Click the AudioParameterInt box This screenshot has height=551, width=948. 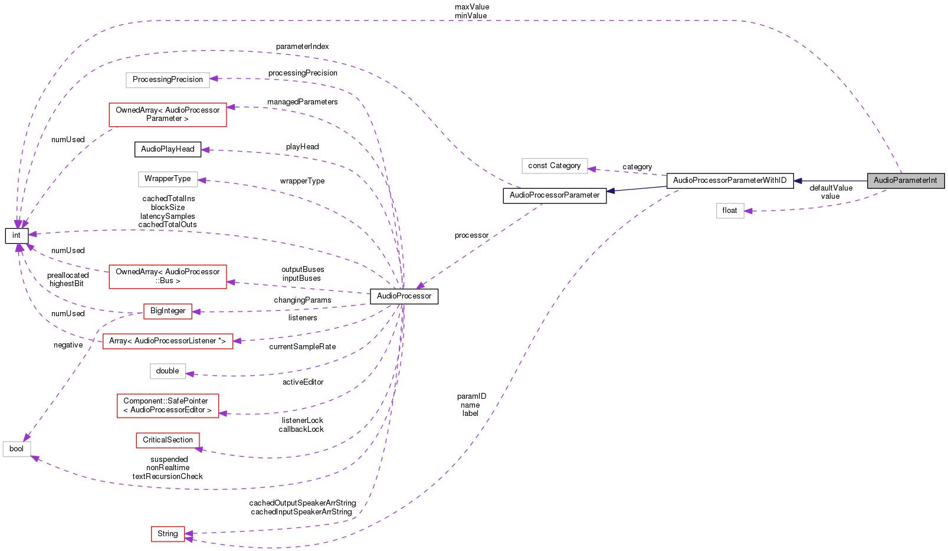tap(906, 181)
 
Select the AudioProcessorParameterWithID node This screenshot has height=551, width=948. tap(730, 181)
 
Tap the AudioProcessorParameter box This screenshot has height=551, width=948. tap(555, 195)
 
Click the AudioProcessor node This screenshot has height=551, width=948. tap(404, 296)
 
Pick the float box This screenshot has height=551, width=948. tap(730, 211)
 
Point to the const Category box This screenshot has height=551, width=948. tap(555, 166)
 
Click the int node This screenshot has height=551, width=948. tap(17, 235)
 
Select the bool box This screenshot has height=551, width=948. tap(17, 449)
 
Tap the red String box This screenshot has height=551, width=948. tap(168, 534)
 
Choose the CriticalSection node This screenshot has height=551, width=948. tap(168, 440)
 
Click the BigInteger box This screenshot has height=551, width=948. tap(168, 311)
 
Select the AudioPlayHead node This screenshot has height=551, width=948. tap(168, 149)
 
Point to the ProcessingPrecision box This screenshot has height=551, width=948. tap(168, 80)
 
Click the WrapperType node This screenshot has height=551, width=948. tap(168, 179)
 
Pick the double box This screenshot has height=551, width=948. tap(168, 371)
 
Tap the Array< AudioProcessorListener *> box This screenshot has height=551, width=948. tap(168, 341)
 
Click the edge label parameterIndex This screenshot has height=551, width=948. tap(302, 47)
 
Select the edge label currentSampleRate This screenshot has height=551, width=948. tap(302, 347)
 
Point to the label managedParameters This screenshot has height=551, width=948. tap(302, 102)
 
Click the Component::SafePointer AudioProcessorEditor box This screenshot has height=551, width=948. tap(168, 405)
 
